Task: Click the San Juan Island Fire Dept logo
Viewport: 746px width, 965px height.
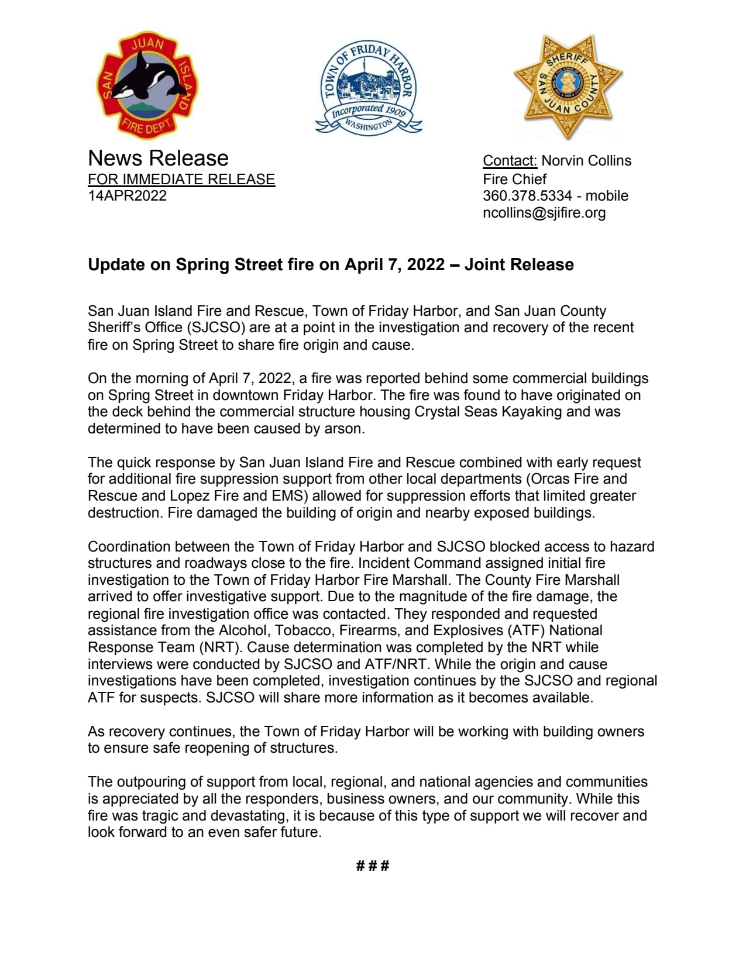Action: pos(147,85)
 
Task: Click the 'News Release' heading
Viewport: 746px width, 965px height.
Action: pos(158,158)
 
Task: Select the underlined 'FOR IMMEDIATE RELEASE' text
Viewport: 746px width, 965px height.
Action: pos(181,179)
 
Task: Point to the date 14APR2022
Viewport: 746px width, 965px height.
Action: pos(127,195)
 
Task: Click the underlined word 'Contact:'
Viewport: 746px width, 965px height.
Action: pos(509,161)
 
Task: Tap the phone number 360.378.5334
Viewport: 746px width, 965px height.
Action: pos(527,196)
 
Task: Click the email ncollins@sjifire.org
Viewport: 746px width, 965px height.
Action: pos(544,213)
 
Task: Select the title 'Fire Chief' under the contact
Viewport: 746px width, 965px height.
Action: pos(514,179)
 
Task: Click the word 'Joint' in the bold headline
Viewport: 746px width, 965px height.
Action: pos(487,265)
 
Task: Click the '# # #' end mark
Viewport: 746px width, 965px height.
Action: pos(372,866)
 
